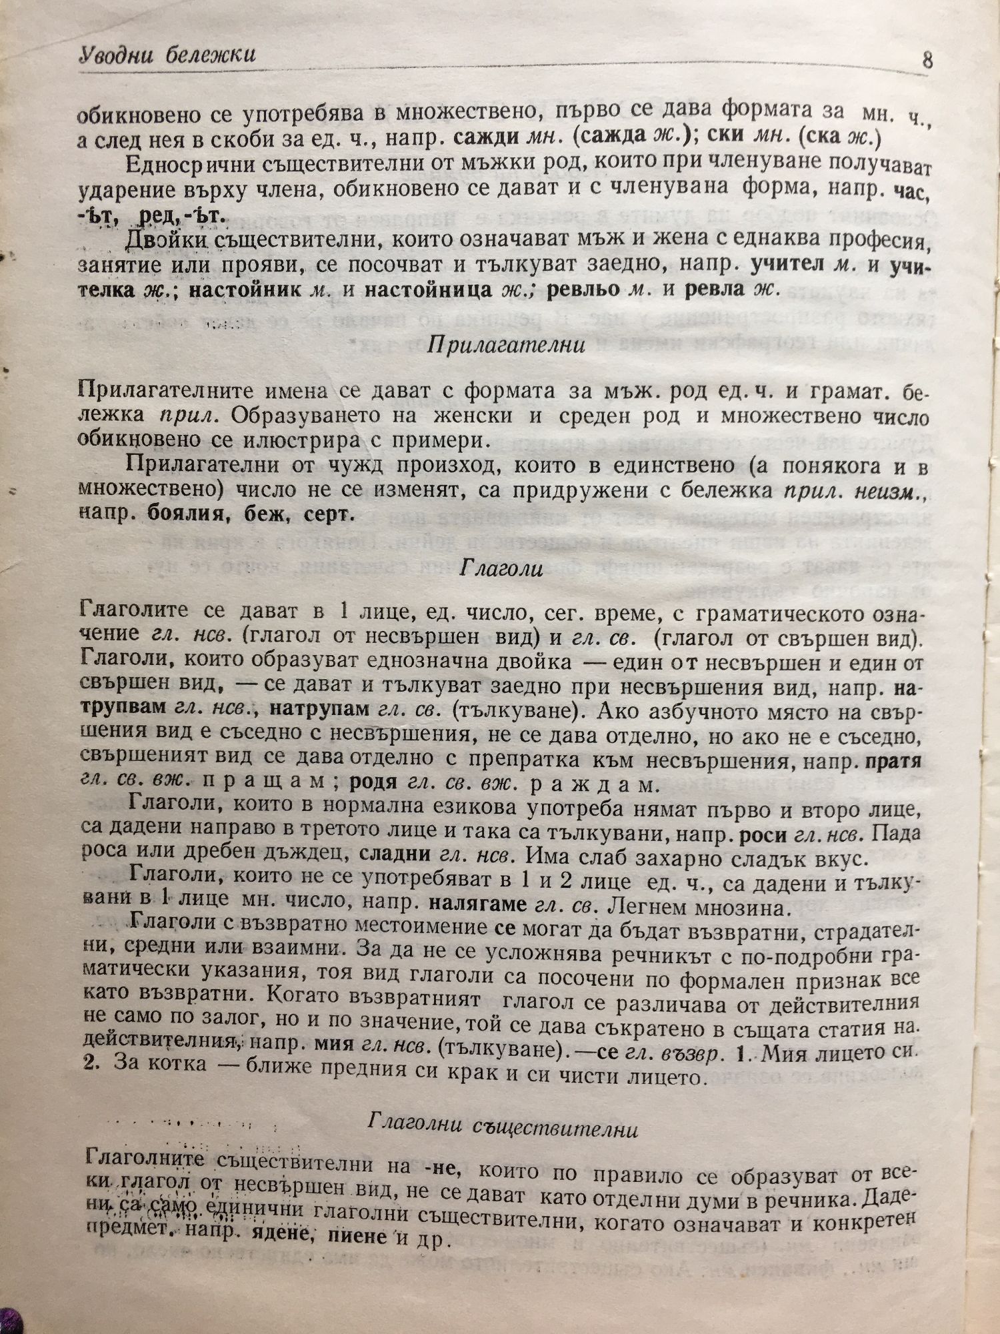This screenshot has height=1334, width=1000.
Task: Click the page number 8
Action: pos(927,61)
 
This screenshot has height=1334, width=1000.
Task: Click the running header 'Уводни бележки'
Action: pos(167,54)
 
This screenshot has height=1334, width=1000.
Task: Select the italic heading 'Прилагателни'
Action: pos(506,346)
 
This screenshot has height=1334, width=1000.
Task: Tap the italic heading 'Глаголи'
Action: pos(502,569)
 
